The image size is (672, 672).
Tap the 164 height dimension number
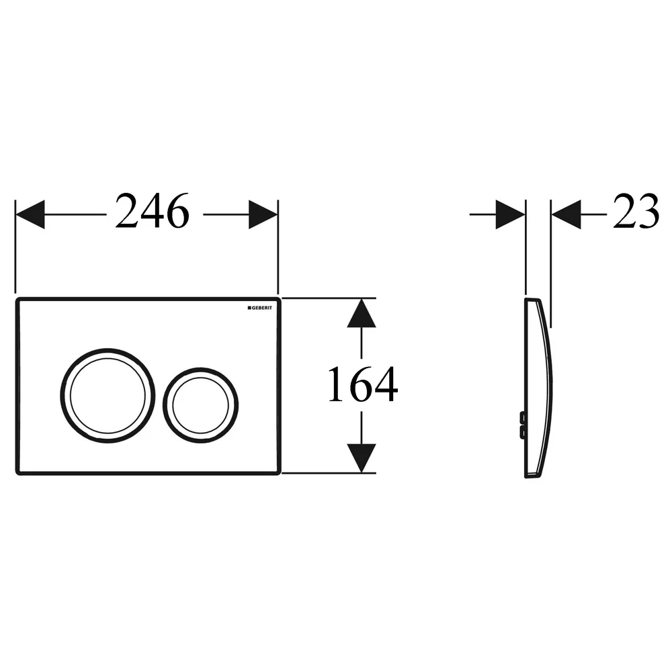[363, 384]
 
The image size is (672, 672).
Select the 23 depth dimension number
[636, 210]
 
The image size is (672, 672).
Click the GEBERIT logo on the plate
[259, 308]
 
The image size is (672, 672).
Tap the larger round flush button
[108, 396]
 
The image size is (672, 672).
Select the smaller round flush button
[200, 405]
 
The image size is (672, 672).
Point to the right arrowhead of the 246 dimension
[263, 214]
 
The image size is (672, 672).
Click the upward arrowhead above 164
[362, 313]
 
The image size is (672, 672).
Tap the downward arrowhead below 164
[362, 458]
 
